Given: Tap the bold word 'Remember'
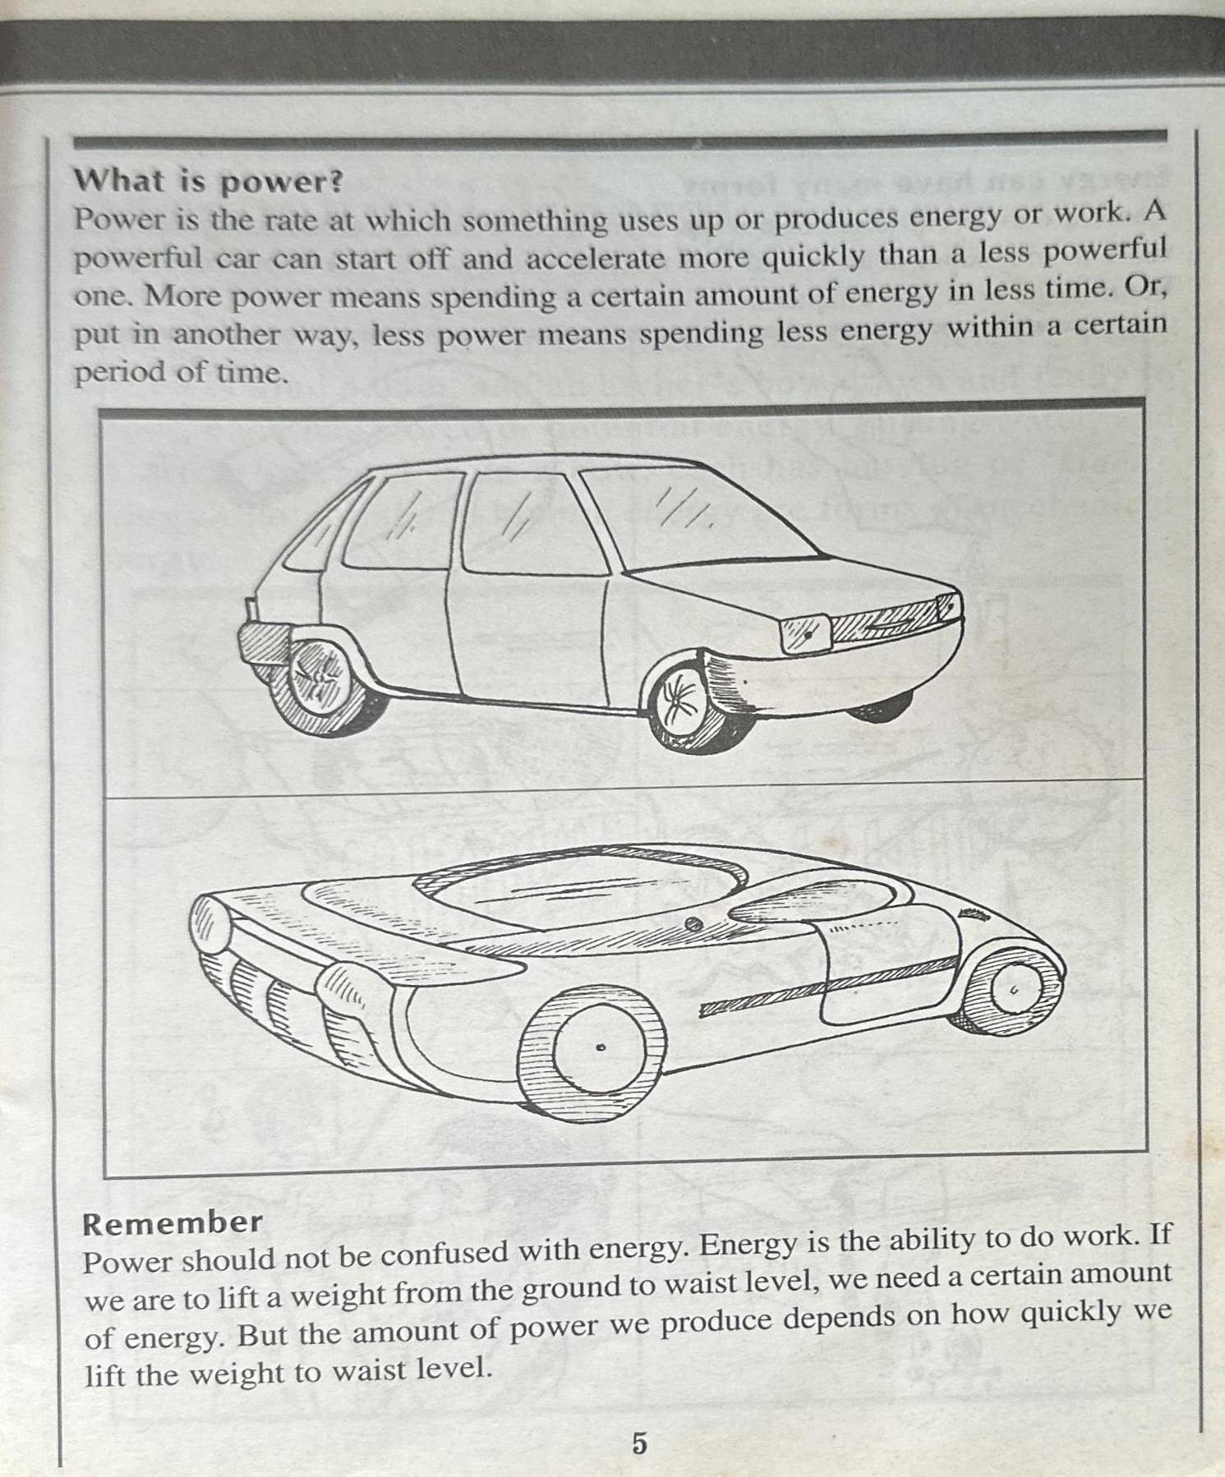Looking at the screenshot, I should click(173, 1223).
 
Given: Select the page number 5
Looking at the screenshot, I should click(638, 1442).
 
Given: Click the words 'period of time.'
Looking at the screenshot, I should click(181, 373).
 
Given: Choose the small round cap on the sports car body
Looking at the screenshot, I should click(694, 924).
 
